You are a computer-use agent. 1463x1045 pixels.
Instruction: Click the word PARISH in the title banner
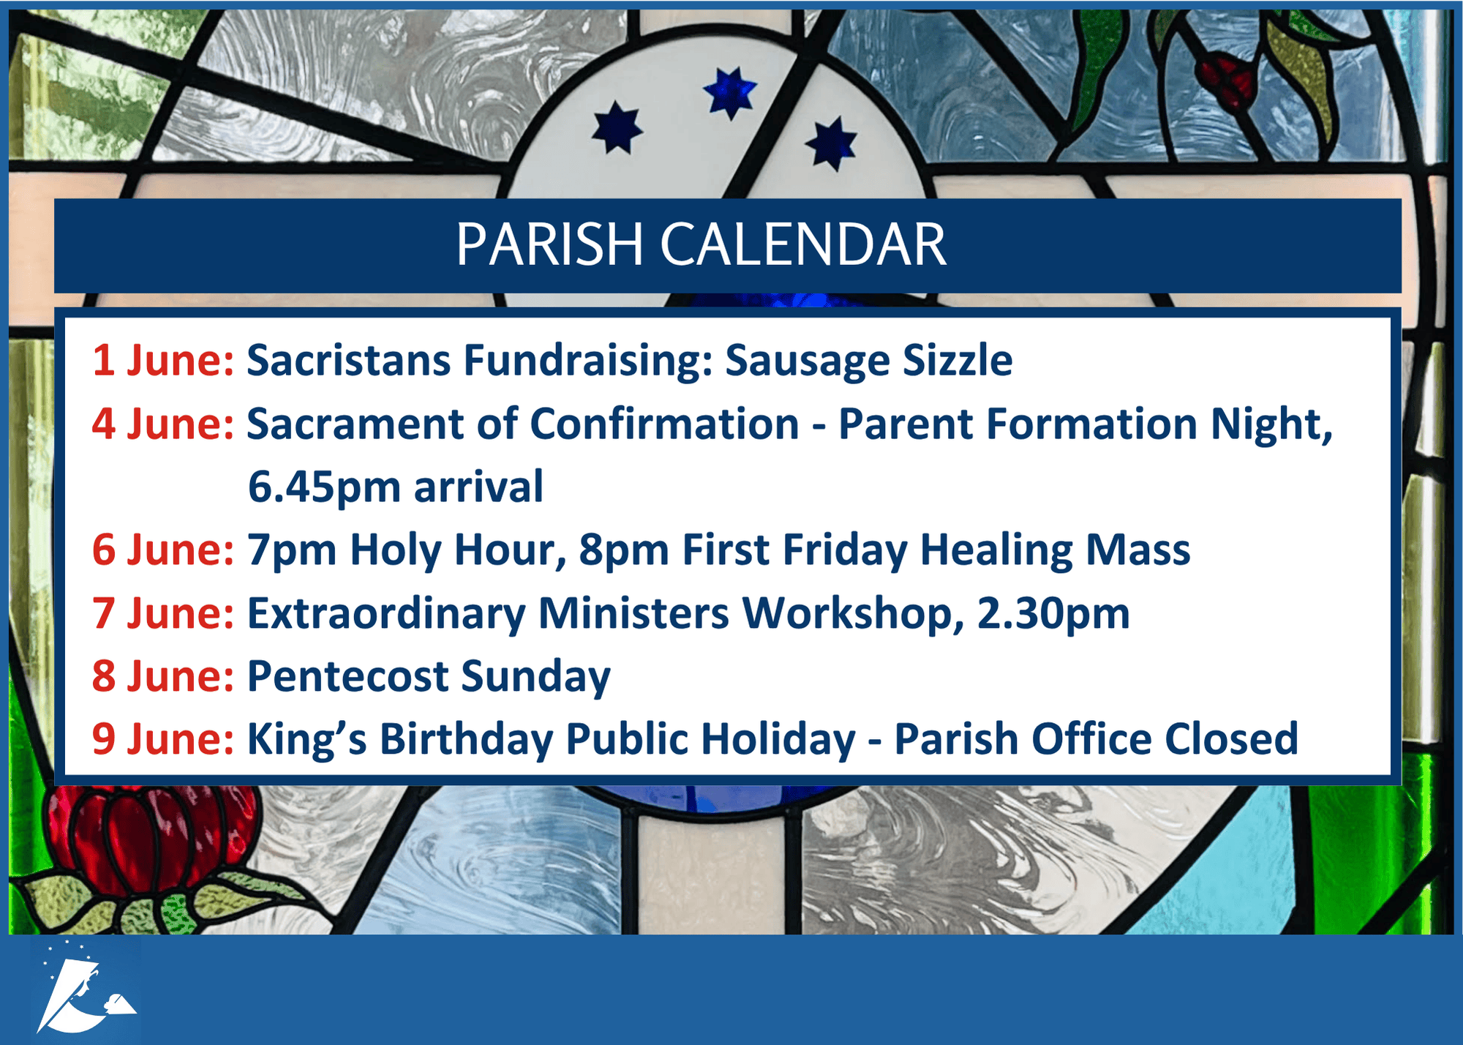549,244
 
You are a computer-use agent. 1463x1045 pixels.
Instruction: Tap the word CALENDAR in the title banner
803,244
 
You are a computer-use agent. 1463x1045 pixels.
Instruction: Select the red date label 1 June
163,360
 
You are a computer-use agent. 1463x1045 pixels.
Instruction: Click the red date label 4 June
163,424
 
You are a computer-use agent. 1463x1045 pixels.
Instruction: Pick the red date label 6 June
163,550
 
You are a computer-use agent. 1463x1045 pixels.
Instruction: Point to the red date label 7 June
163,613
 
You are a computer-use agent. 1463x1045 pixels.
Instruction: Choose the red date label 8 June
163,675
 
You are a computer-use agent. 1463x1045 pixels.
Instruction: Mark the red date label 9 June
163,738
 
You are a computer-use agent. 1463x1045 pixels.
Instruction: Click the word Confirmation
664,424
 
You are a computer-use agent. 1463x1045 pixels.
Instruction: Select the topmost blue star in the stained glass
729,92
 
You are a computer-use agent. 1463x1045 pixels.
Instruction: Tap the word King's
307,740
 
